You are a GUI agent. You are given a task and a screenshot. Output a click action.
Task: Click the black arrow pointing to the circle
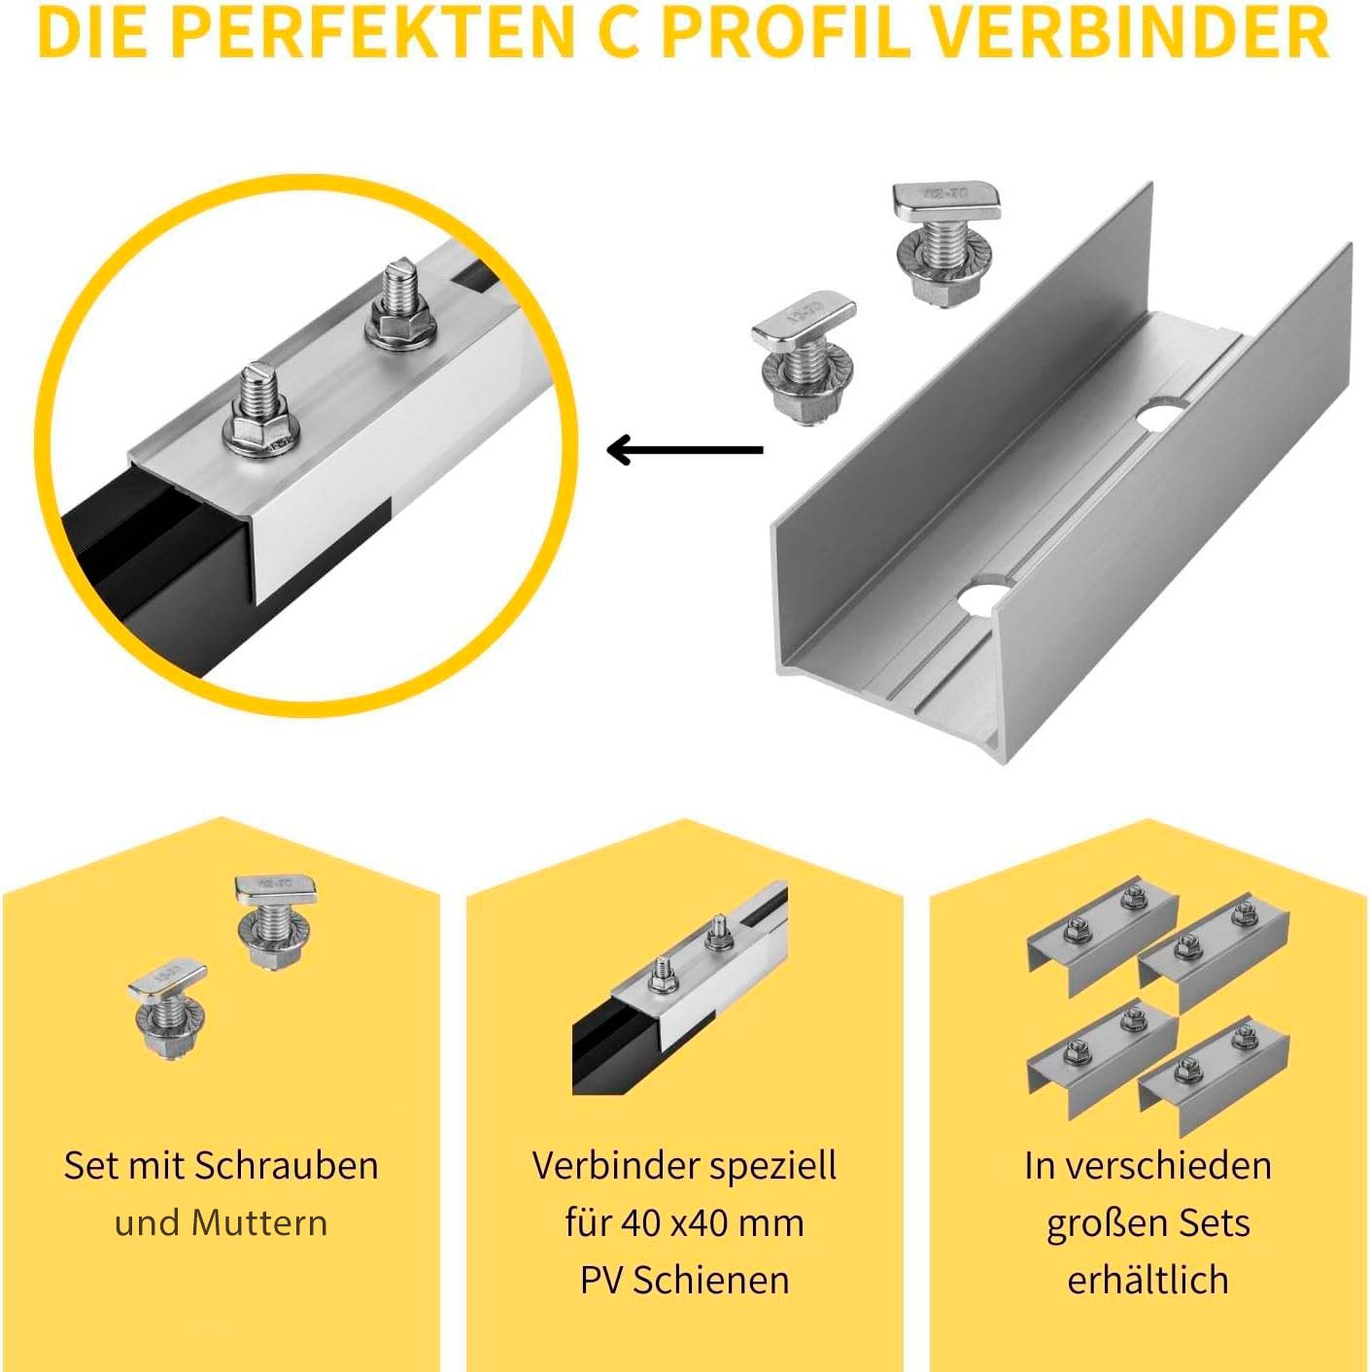(685, 450)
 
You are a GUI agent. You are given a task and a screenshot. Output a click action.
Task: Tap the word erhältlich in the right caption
(1147, 1280)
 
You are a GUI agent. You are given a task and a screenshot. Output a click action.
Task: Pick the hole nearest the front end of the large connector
(986, 596)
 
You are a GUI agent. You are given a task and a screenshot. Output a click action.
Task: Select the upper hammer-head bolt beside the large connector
(946, 242)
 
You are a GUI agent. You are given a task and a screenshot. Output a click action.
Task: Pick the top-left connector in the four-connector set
(1102, 934)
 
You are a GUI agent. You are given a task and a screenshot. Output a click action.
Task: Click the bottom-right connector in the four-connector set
(1215, 1074)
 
